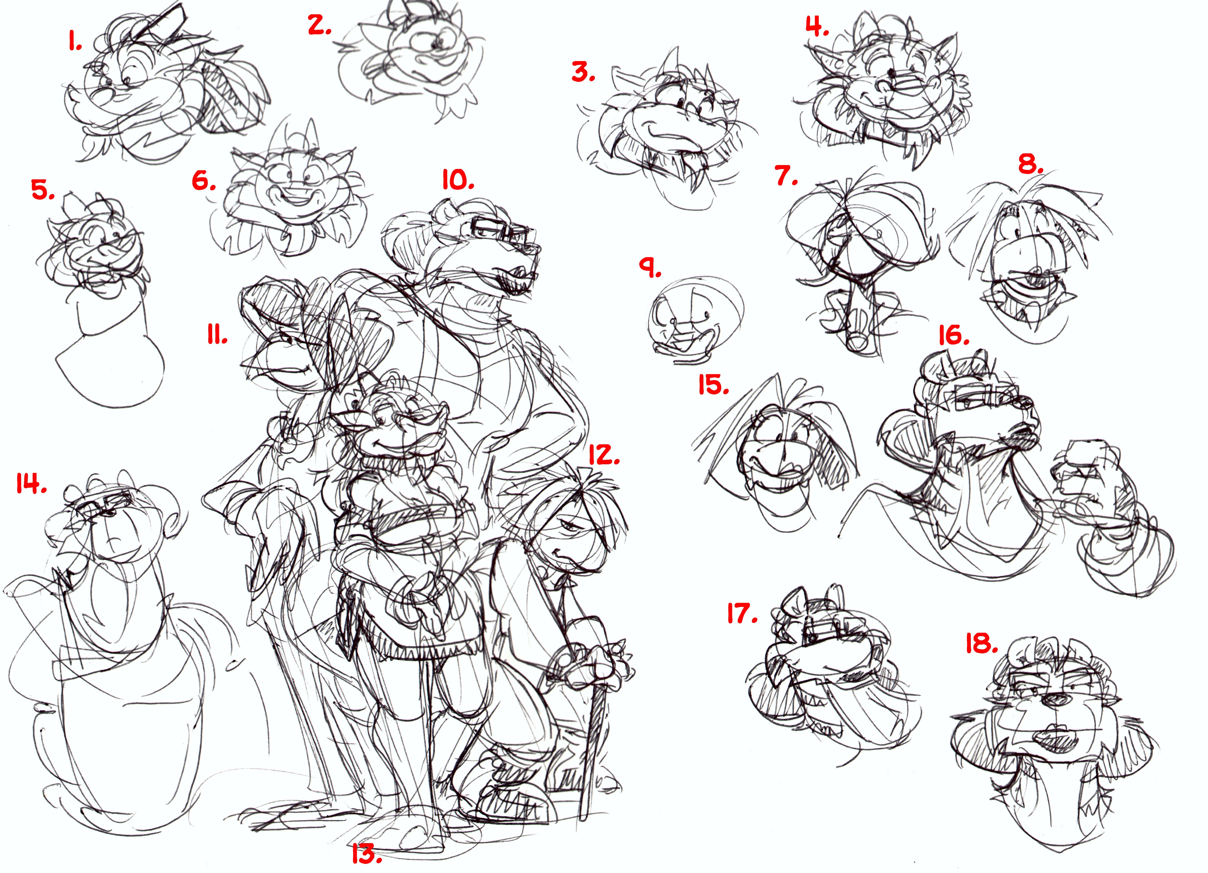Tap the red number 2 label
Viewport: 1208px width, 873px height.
tap(320, 25)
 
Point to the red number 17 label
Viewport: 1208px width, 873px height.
tap(742, 614)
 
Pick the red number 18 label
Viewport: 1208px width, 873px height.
tap(982, 643)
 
